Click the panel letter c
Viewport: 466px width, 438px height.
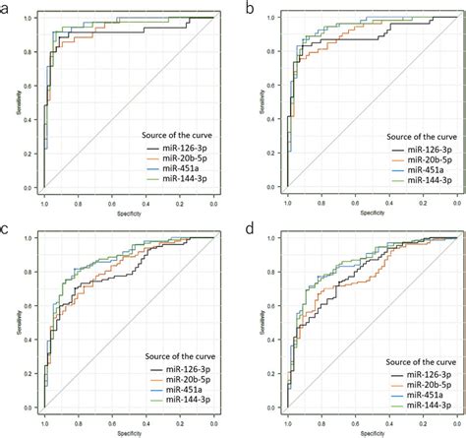[8, 229]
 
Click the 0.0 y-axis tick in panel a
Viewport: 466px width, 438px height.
[29, 187]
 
